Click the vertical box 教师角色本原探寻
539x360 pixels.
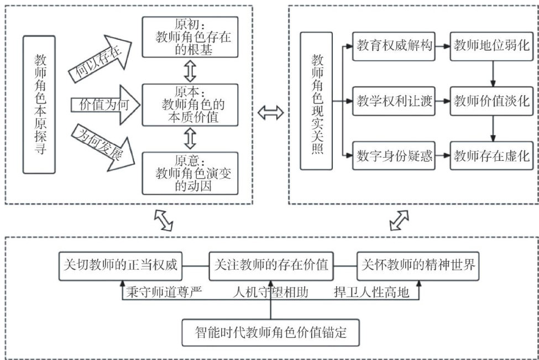(39, 105)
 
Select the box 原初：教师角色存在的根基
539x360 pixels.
(190, 37)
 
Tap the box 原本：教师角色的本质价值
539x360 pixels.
(190, 105)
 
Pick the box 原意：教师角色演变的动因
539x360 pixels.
(190, 172)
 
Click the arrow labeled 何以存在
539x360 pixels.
(100, 58)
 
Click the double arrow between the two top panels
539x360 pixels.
(271, 113)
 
